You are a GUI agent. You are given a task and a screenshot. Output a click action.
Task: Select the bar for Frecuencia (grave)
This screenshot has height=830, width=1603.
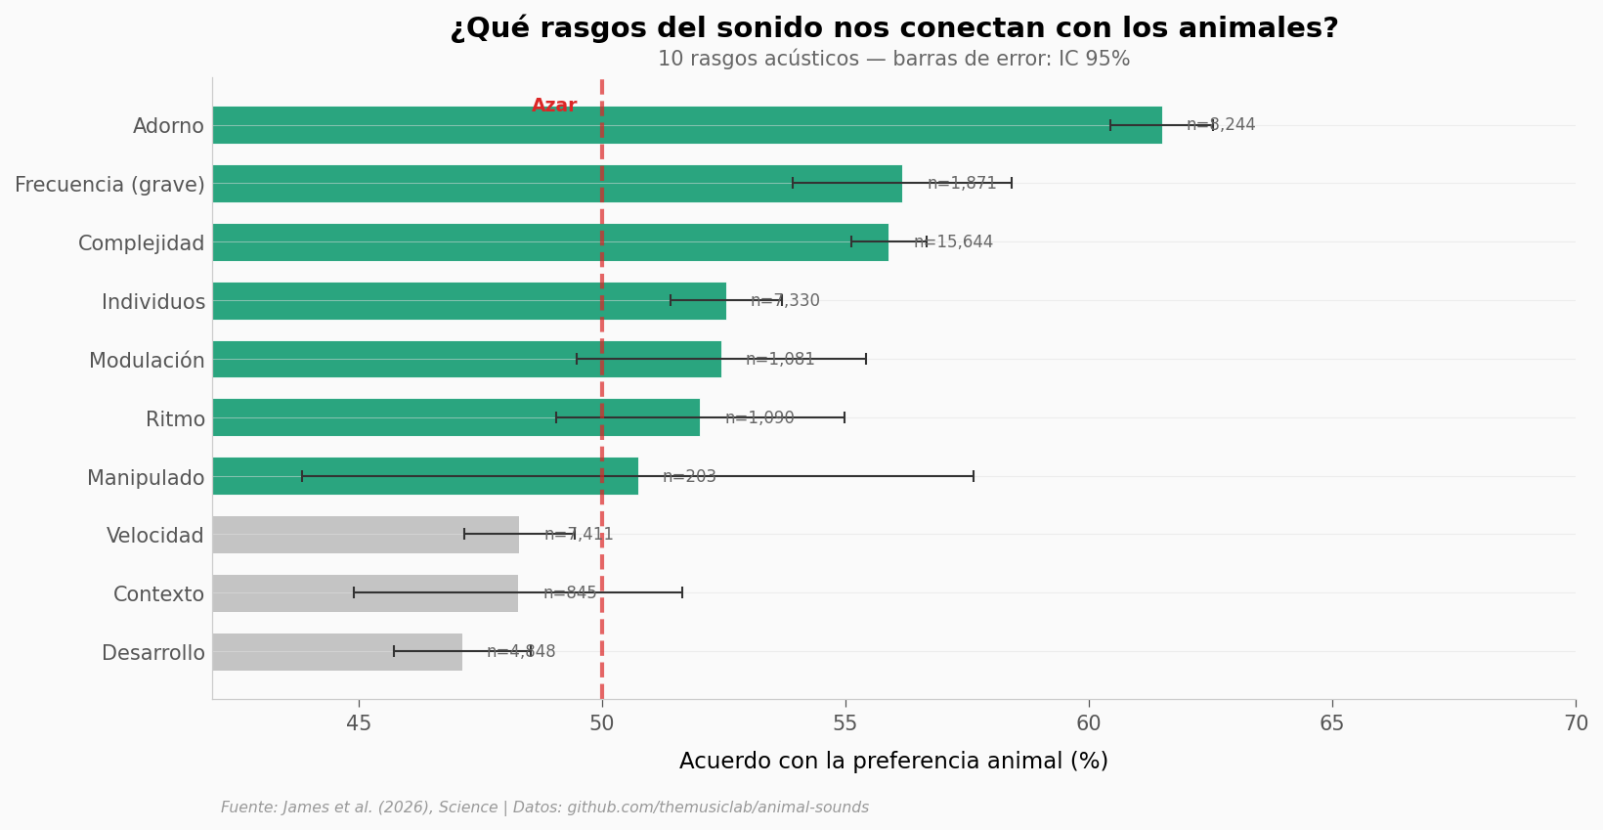pos(557,184)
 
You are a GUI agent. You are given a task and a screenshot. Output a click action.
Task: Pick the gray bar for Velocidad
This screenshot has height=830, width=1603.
pos(366,535)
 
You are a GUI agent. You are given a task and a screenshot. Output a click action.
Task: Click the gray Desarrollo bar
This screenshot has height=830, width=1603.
pos(337,652)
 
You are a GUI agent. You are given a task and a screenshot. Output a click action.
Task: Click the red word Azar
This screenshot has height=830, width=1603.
pos(554,106)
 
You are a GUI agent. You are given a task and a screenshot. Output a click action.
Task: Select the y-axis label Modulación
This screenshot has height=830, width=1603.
pos(147,361)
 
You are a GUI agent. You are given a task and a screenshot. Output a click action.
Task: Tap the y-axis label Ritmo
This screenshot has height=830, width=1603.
pos(175,419)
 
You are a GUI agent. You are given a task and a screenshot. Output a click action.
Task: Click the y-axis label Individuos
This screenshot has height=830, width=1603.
pos(153,302)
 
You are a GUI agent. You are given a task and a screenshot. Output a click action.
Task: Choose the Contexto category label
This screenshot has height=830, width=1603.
pos(159,594)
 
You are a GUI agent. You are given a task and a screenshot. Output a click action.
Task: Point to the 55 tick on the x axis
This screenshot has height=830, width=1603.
pos(845,723)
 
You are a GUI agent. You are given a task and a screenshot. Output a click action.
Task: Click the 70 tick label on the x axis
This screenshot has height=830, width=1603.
pos(1576,723)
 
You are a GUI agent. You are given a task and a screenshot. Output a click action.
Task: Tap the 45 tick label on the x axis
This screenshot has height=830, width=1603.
pos(359,723)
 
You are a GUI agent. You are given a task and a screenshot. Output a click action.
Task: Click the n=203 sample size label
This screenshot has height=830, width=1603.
pos(689,477)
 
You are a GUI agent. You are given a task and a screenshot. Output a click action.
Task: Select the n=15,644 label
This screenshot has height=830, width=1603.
pos(953,242)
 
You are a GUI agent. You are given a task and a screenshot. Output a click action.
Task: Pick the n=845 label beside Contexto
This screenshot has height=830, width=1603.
pos(570,593)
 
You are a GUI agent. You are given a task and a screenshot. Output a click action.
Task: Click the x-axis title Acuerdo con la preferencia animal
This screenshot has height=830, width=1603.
pos(893,762)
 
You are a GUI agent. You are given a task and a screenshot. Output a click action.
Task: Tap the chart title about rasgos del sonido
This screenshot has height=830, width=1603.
pos(893,28)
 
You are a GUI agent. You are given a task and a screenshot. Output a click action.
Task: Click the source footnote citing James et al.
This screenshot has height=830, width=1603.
pos(544,808)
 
